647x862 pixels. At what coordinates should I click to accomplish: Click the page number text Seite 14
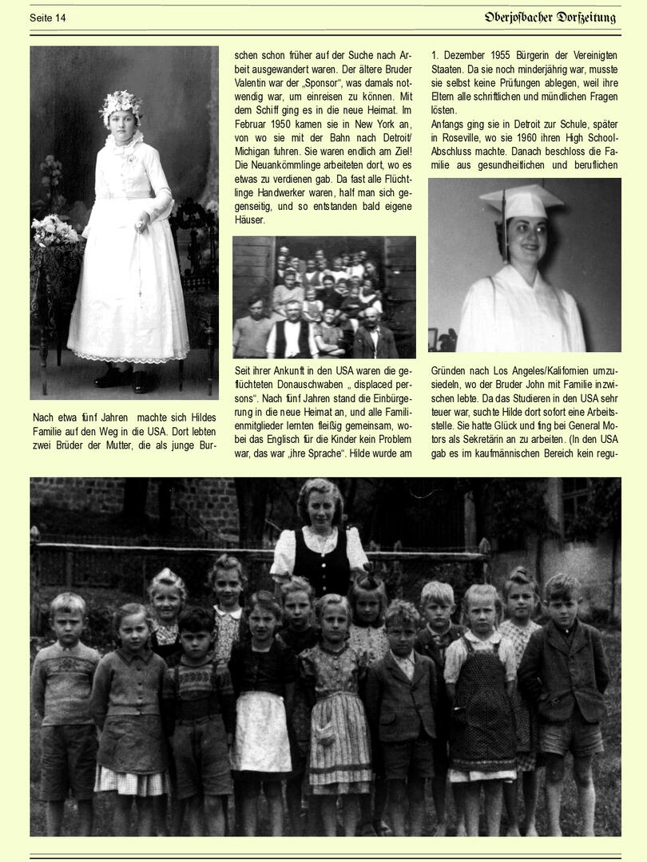point(48,18)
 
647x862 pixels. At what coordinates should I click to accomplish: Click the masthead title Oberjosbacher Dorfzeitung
point(550,17)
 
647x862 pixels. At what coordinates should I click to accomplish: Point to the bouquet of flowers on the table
point(54,231)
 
